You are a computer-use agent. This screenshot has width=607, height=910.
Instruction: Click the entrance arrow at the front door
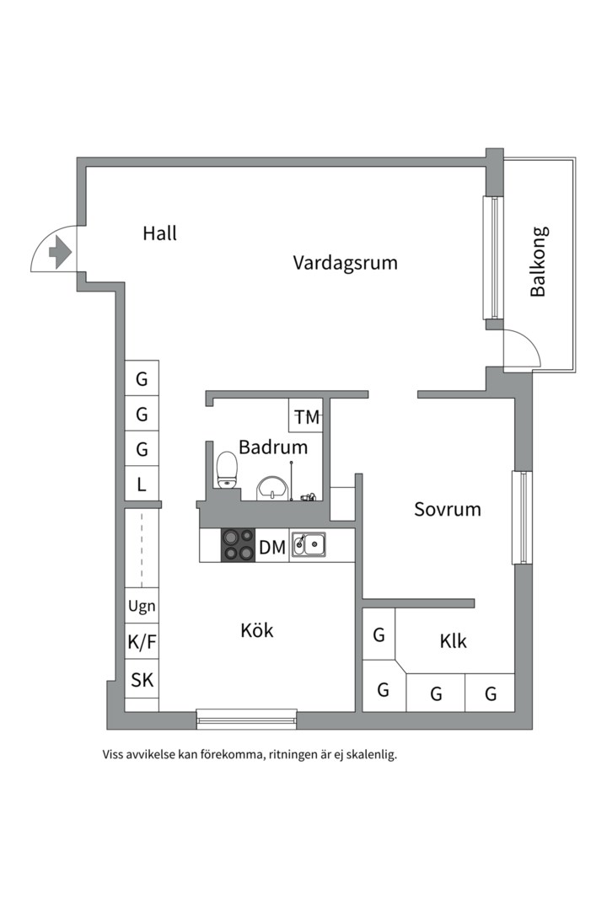58,252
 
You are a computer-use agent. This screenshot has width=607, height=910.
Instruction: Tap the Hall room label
159,233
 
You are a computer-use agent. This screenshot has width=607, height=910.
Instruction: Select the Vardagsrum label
345,262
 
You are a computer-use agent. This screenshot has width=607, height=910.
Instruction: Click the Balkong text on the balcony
538,261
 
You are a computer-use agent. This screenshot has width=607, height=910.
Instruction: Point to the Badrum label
272,447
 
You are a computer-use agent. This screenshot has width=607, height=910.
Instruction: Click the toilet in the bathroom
227,469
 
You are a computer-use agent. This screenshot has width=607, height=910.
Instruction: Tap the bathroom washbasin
272,488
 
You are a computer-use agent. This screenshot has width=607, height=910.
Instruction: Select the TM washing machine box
307,416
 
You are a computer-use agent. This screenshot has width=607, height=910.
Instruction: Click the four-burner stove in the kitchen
238,545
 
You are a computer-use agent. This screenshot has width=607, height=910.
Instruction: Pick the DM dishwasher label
271,548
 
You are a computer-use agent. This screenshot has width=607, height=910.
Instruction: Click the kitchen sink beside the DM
309,545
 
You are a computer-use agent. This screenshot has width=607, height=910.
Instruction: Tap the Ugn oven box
142,606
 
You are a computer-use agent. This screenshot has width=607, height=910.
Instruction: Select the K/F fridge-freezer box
142,643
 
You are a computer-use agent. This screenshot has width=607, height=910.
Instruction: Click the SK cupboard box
142,680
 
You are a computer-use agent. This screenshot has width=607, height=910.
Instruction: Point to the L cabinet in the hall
142,484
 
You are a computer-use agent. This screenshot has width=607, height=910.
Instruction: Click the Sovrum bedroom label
447,509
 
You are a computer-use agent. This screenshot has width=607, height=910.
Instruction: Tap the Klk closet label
453,641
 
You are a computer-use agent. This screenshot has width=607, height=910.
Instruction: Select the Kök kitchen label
257,630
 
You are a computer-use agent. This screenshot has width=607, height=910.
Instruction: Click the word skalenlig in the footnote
367,755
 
